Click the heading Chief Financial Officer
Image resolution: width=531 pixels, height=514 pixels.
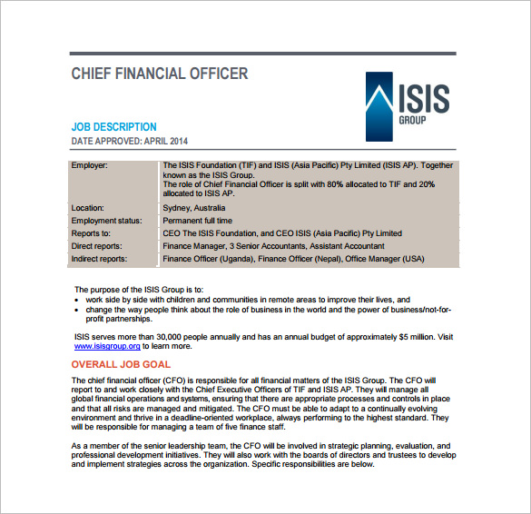(159, 74)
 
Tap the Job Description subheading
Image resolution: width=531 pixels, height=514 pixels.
(113, 127)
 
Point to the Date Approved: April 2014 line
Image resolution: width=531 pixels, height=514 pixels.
(129, 142)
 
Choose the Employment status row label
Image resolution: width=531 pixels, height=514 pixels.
(105, 221)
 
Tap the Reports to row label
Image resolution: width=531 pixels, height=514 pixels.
(91, 233)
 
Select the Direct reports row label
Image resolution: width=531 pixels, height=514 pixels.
(97, 246)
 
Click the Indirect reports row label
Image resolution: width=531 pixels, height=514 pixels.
(100, 259)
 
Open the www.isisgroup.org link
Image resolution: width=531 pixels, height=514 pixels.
(107, 346)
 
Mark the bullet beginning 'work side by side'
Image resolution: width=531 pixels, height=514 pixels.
(248, 299)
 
